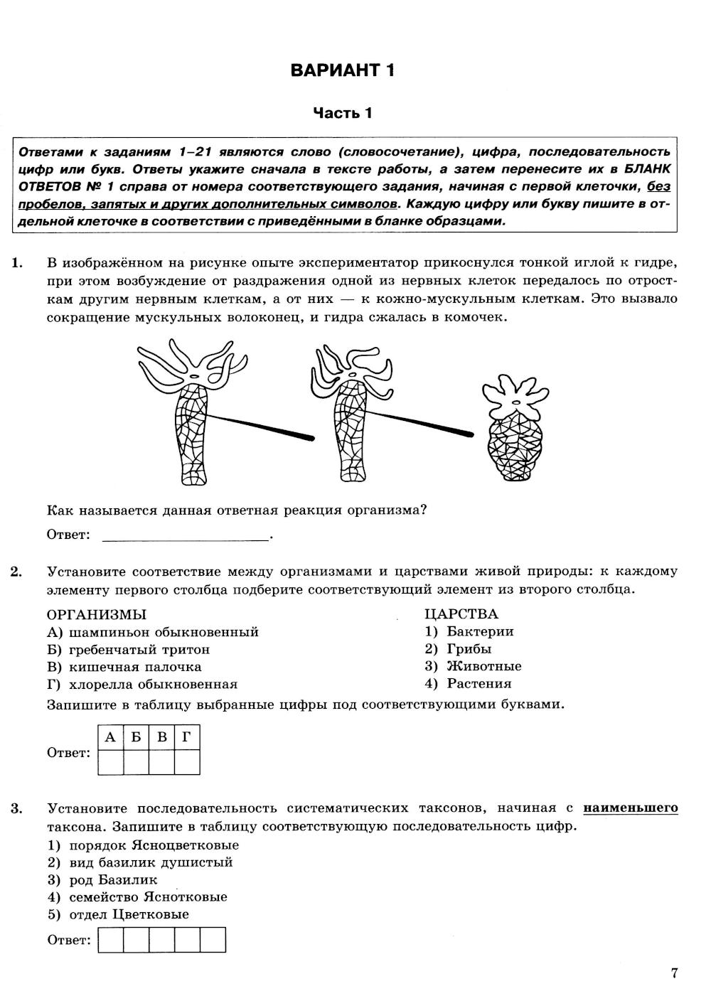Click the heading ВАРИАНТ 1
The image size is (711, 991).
point(343,70)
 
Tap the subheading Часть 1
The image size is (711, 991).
point(343,113)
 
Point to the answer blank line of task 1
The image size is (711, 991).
point(186,536)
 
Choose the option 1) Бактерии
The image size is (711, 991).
point(469,631)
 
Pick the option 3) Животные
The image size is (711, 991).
point(473,666)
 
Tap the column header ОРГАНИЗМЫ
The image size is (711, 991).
point(97,614)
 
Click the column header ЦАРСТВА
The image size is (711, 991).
point(461,614)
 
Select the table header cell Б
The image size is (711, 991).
point(136,737)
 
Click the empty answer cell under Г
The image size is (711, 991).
point(187,762)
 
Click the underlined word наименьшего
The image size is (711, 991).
point(630,808)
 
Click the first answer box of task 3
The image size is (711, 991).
point(111,940)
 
